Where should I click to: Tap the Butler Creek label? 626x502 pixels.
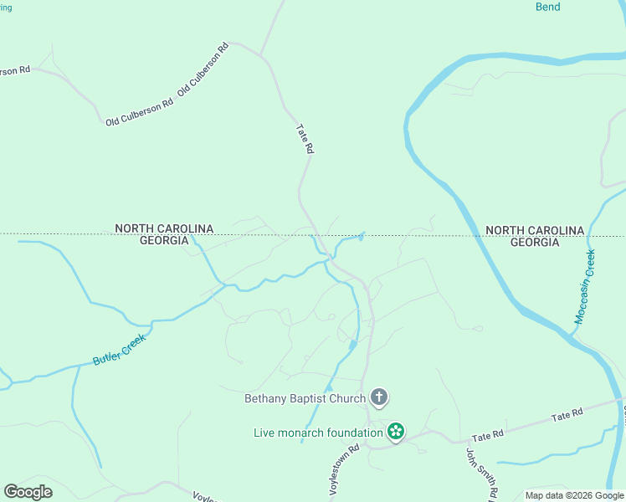point(120,349)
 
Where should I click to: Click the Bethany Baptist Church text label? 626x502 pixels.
point(305,398)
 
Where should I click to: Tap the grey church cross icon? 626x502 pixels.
point(379,397)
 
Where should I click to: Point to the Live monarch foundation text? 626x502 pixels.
point(318,433)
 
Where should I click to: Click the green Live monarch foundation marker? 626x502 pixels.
point(396,432)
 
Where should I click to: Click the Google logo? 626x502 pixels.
point(28,492)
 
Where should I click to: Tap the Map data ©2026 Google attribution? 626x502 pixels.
point(574,495)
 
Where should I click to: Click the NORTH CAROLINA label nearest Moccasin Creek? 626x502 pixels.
point(534,230)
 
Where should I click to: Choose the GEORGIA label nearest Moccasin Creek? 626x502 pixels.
point(534,242)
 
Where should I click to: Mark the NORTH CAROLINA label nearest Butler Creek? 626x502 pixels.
point(164,228)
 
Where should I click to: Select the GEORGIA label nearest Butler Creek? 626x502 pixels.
point(164,240)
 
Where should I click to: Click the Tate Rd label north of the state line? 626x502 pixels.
point(305,139)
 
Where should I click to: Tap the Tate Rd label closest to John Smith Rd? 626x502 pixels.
point(566,416)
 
